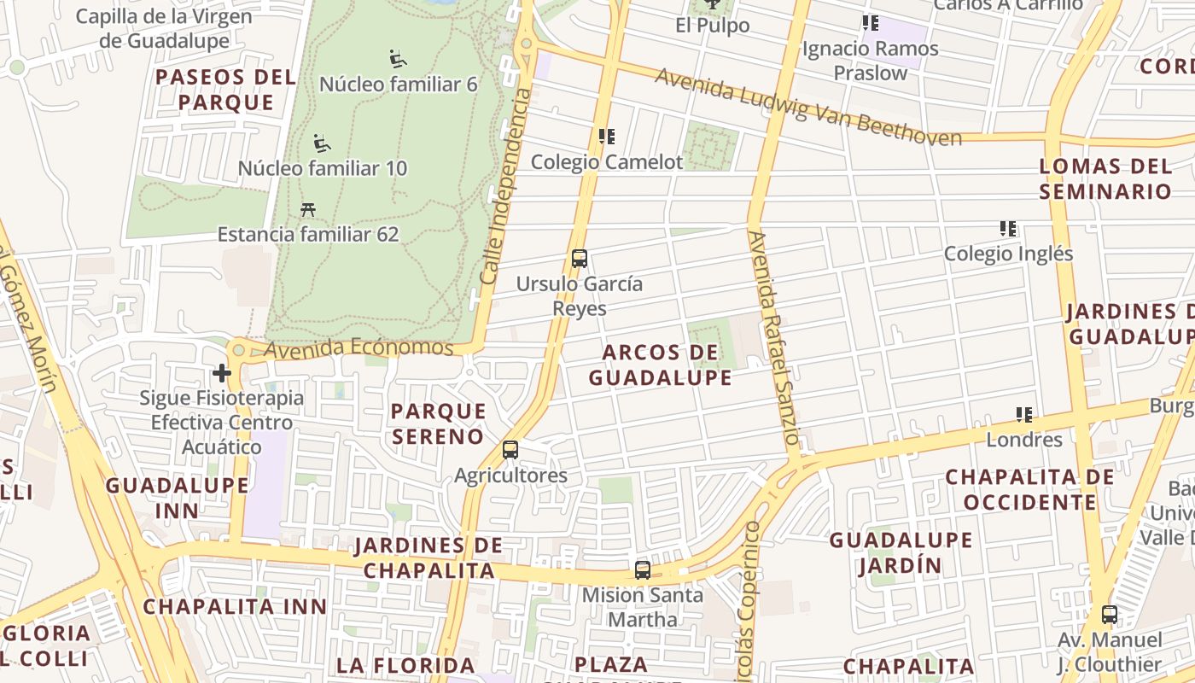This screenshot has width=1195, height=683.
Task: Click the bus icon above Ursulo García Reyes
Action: [x=579, y=258]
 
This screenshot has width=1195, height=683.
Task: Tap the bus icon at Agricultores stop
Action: [x=510, y=449]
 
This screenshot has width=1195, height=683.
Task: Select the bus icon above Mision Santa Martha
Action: [x=643, y=569]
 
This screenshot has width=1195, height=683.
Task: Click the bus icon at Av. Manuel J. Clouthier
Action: [x=1110, y=614]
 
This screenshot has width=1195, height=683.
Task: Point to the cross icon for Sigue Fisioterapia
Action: [x=222, y=373]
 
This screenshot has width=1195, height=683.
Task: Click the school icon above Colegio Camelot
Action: [x=607, y=137]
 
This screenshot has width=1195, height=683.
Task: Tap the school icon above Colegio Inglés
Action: [x=1008, y=229]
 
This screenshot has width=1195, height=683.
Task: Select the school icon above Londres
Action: [x=1024, y=415]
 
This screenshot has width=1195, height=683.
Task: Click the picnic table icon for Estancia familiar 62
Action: [x=308, y=209]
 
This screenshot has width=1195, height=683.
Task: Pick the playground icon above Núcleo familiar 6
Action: [x=398, y=59]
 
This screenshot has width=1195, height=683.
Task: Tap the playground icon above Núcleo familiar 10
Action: [x=322, y=143]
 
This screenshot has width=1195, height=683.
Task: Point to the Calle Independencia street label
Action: [x=505, y=188]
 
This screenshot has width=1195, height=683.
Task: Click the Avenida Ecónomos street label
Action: [x=358, y=348]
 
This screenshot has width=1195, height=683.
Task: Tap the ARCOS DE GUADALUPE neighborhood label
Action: [x=660, y=365]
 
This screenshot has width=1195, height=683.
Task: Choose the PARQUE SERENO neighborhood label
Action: [x=438, y=423]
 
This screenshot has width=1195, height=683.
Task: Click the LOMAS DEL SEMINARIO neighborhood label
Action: [x=1105, y=178]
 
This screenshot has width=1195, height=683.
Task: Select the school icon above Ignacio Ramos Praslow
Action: [x=870, y=23]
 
